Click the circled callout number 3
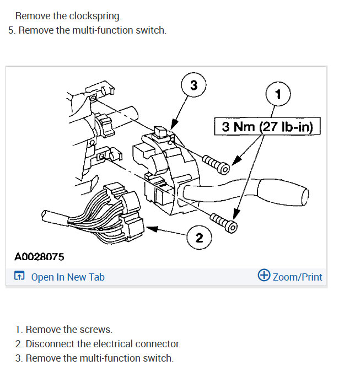[193, 86]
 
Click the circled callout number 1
[278, 95]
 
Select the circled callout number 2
[199, 238]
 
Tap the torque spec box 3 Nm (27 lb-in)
[267, 127]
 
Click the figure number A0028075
[39, 257]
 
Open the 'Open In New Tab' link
[67, 277]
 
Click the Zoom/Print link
[297, 277]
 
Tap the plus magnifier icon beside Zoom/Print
[264, 276]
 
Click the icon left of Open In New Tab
[19, 277]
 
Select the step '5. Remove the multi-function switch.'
[87, 30]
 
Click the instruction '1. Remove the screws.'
[63, 330]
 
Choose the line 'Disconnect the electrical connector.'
[103, 344]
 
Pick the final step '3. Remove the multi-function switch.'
[94, 358]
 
